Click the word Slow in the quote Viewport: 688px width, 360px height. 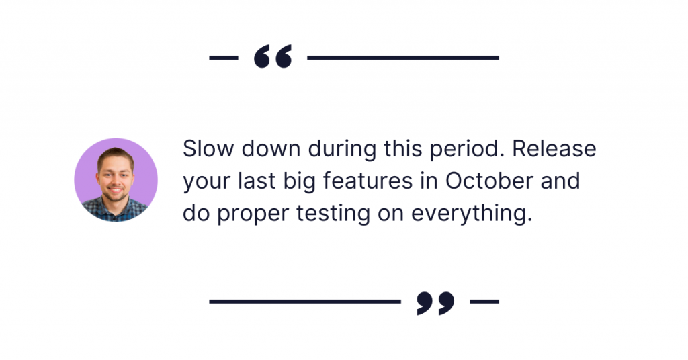pos(208,148)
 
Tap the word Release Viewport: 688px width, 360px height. pos(554,148)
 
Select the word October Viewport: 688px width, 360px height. pos(489,181)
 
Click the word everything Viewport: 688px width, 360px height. pos(472,214)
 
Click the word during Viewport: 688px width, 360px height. pos(342,150)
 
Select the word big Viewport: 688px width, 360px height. pos(299,181)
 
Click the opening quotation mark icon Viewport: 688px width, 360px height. pos(273,56)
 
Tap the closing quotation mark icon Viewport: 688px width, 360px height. pos(435,303)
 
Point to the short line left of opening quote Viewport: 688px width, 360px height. pos(224,58)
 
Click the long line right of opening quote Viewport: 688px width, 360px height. pos(403,58)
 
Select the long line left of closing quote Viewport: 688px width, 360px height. pos(305,302)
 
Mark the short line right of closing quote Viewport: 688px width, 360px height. pos(484,302)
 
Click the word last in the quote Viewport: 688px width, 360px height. pos(257,181)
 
